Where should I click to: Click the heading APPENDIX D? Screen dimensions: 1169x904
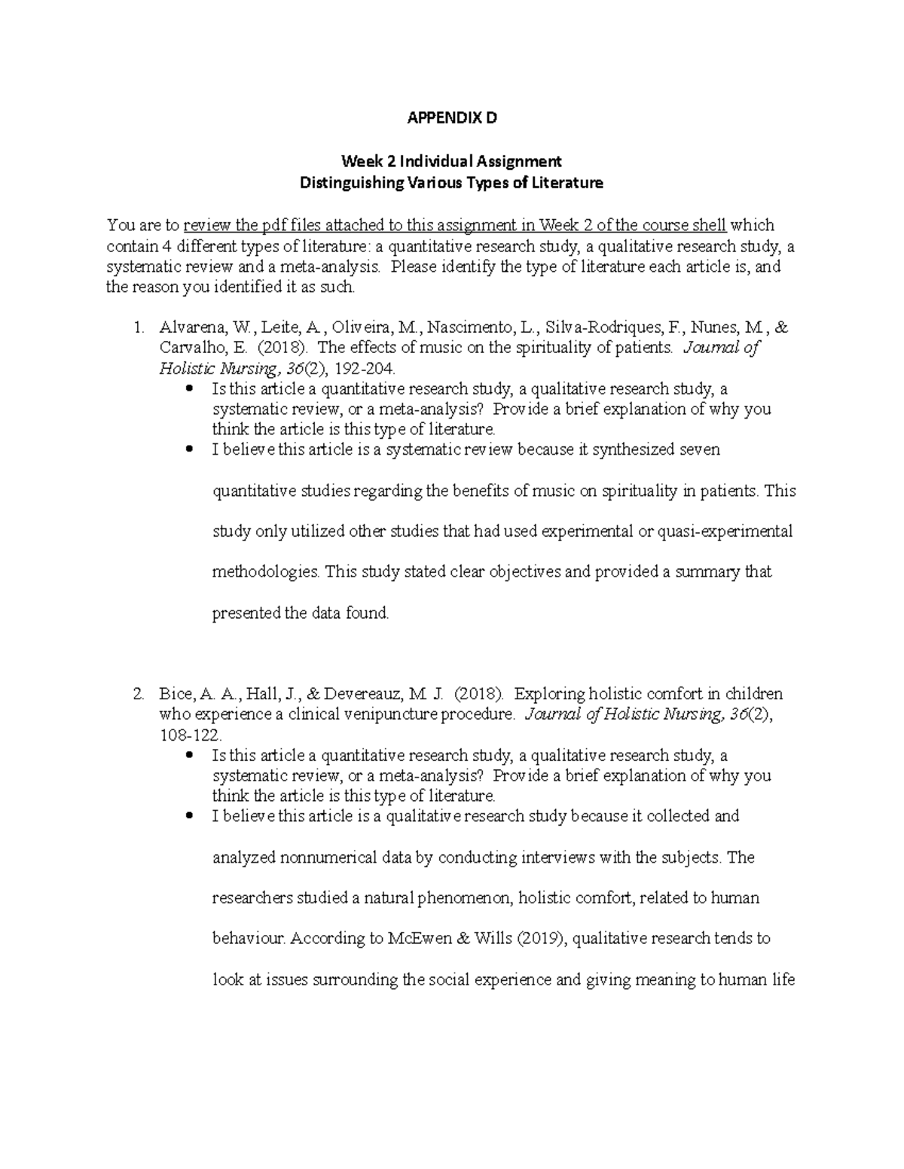click(452, 118)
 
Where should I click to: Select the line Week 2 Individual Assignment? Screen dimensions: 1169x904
click(451, 161)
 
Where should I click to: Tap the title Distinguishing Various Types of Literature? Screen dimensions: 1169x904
click(451, 183)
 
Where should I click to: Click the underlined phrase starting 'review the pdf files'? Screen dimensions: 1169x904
click(455, 225)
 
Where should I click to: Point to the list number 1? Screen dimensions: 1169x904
click(137, 328)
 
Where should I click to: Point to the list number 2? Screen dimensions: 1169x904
click(137, 694)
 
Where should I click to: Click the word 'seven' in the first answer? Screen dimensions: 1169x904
click(700, 450)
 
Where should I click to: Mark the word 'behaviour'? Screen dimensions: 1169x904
click(249, 939)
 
